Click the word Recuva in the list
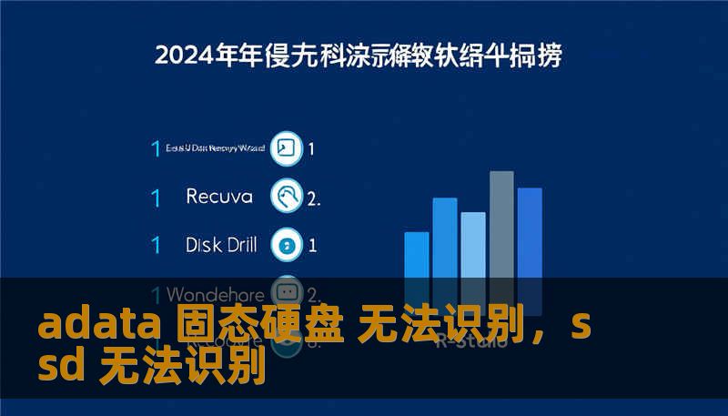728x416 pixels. click(220, 196)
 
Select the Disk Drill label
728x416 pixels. click(221, 244)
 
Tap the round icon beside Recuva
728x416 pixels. click(287, 196)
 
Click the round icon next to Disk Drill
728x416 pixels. click(287, 244)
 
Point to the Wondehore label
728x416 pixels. click(216, 295)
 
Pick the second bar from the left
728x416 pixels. click(445, 240)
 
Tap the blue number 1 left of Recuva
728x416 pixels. click(157, 197)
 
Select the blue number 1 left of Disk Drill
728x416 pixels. click(157, 245)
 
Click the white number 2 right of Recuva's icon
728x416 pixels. click(313, 197)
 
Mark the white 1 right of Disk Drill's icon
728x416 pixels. click(312, 245)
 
